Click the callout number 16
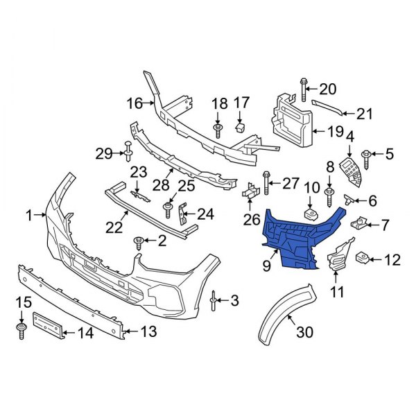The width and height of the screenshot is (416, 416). click(135, 103)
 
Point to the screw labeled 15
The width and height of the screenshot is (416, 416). click(21, 329)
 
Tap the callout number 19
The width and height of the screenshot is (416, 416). click(336, 130)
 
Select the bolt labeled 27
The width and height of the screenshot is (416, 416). click(267, 184)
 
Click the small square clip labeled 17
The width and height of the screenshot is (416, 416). click(240, 127)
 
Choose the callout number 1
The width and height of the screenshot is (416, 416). click(29, 216)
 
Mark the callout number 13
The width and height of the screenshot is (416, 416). click(147, 332)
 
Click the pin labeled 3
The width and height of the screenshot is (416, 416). click(213, 301)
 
